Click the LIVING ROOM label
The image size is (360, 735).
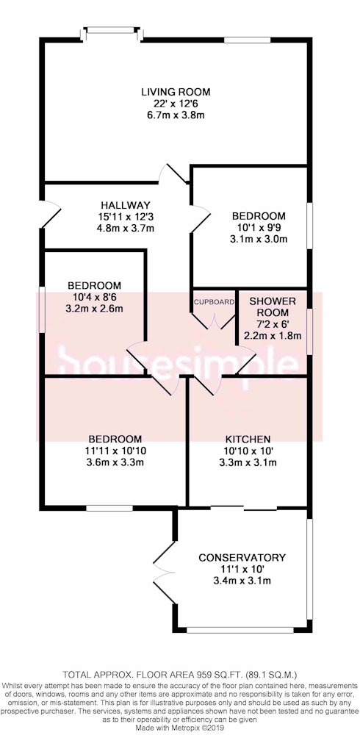pyautogui.click(x=176, y=91)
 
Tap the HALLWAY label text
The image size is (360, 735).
pyautogui.click(x=126, y=205)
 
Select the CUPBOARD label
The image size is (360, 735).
pyautogui.click(x=214, y=302)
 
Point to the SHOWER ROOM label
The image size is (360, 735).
pyautogui.click(x=273, y=306)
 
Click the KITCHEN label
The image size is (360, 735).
pyautogui.click(x=248, y=440)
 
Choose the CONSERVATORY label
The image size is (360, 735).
pyautogui.click(x=242, y=557)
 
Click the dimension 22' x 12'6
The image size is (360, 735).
pyautogui.click(x=176, y=103)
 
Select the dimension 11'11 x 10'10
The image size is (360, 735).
pyautogui.click(x=115, y=451)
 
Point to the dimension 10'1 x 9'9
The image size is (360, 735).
pyautogui.click(x=259, y=228)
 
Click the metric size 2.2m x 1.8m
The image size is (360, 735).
pyautogui.click(x=273, y=336)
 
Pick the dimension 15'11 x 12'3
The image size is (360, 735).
pyautogui.click(x=126, y=217)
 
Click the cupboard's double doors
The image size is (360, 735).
pyautogui.click(x=215, y=320)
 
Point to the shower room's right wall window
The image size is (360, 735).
pyautogui.click(x=308, y=331)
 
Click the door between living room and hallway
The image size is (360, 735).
pyautogui.click(x=174, y=174)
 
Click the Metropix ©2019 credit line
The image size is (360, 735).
pyautogui.click(x=204, y=728)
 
